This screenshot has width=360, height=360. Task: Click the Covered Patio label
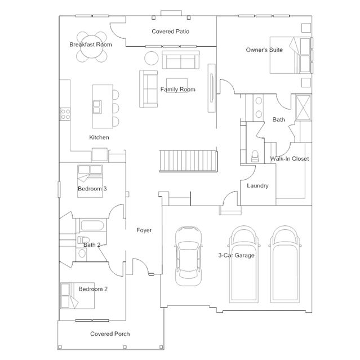tap(170, 32)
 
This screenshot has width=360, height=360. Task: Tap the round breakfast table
tap(92, 47)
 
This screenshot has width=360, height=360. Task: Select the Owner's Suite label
tap(264, 50)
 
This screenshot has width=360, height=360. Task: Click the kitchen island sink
tap(97, 107)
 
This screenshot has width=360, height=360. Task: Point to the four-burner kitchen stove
tap(65, 114)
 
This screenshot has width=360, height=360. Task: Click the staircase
tap(188, 161)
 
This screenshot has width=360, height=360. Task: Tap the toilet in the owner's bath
tap(255, 156)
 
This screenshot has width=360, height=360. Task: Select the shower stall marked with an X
tap(303, 108)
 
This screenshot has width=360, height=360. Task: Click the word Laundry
tap(257, 185)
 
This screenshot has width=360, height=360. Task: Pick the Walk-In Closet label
tap(289, 159)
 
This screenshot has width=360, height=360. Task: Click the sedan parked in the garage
tap(189, 256)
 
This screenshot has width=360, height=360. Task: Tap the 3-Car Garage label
tap(236, 255)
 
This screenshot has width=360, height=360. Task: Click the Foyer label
tap(144, 230)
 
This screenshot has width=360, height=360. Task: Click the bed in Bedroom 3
tap(90, 181)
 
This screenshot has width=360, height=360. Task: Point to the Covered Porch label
tap(110, 334)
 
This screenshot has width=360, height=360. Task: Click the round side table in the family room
tap(152, 58)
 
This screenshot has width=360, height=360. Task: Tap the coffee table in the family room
tap(177, 86)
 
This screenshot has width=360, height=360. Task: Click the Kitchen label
tap(99, 137)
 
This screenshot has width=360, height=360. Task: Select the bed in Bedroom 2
tap(78, 296)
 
